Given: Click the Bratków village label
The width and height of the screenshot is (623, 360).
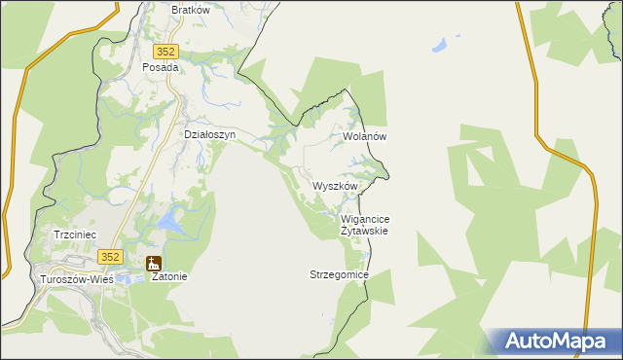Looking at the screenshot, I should pyautogui.click(x=191, y=10).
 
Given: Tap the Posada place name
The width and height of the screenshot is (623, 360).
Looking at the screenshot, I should pyautogui.click(x=161, y=68).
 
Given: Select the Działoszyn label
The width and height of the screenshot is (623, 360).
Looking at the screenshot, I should pyautogui.click(x=210, y=135).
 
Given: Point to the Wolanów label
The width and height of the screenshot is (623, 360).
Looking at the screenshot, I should pyautogui.click(x=365, y=137).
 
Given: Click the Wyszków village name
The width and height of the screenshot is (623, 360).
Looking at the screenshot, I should pyautogui.click(x=336, y=186).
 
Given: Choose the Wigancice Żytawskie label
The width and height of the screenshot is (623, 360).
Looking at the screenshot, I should pyautogui.click(x=366, y=226).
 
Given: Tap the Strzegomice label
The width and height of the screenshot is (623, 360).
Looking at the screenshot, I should pyautogui.click(x=339, y=275).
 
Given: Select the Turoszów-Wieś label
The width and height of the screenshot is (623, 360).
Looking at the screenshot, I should pyautogui.click(x=75, y=278).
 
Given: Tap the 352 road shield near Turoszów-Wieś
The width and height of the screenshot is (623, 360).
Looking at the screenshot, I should pyautogui.click(x=110, y=257).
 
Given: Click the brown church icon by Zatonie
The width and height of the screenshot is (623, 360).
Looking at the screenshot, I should pyautogui.click(x=153, y=263).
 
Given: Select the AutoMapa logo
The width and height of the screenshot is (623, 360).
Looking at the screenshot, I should pyautogui.click(x=553, y=341).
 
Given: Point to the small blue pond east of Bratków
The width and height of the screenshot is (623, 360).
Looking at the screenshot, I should pyautogui.click(x=441, y=45).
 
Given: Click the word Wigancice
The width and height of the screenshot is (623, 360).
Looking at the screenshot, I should pyautogui.click(x=366, y=220).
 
